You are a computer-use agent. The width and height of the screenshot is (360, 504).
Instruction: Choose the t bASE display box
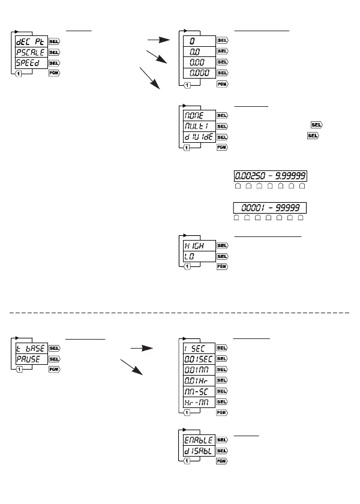tap(31, 348)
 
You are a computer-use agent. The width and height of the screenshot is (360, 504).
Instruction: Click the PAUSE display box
tap(31, 359)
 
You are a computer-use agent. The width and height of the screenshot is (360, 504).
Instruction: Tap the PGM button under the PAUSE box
tap(54, 370)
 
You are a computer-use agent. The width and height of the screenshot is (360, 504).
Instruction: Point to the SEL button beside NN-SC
tap(222, 391)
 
